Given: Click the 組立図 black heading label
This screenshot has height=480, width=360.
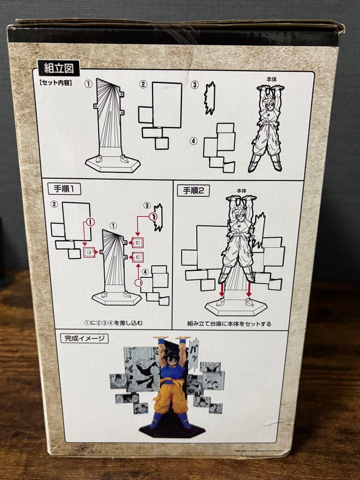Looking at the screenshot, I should pos(59,68).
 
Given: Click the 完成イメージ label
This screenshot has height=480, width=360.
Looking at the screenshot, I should pos(84,338).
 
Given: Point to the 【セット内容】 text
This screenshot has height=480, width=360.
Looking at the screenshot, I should pos(56,82).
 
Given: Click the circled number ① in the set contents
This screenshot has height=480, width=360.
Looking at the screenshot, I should pos(88,84).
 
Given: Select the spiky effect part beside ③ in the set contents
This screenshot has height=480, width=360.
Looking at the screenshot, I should pos(209,98).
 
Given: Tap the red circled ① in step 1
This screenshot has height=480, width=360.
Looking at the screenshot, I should pos(90,221).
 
